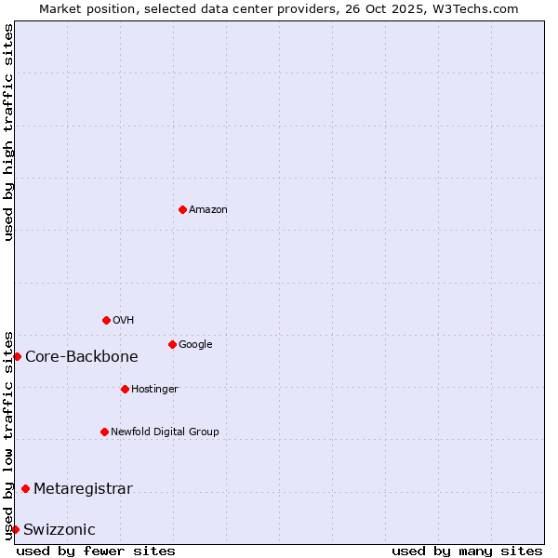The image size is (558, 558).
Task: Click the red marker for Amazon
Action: click(182, 209)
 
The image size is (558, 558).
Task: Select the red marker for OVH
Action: click(106, 320)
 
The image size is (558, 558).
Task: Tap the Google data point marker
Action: click(172, 344)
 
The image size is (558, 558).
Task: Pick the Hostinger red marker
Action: click(125, 389)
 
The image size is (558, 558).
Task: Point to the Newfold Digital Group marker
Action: click(104, 432)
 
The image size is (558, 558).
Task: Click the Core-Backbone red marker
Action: click(17, 356)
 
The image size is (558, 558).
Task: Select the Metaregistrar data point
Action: click(25, 488)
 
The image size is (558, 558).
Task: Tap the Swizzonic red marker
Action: click(15, 529)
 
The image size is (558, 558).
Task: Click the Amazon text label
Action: click(207, 209)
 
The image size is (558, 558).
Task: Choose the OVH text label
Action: click(123, 320)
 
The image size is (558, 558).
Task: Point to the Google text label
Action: click(195, 344)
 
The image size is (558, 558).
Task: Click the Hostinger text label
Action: click(154, 389)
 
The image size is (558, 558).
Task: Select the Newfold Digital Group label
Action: click(165, 432)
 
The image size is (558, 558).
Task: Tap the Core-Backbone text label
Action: click(82, 356)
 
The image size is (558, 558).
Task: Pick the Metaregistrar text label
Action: click(83, 488)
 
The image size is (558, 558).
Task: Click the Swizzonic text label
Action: click(60, 529)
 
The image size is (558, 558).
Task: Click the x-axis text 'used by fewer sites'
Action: click(96, 551)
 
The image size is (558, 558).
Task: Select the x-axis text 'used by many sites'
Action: click(467, 551)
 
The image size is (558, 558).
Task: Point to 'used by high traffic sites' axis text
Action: click(8, 132)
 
